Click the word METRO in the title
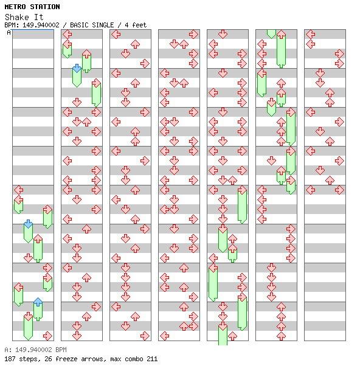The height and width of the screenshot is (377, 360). [15, 7]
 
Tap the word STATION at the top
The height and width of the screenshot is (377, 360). [45, 7]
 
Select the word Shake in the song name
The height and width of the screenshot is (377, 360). [17, 17]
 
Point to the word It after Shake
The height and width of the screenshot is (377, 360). [38, 17]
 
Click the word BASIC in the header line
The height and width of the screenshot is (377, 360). [80, 25]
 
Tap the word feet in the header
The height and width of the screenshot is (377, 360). [139, 25]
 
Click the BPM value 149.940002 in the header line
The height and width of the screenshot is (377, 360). [41, 25]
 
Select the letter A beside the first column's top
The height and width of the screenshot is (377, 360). [9, 32]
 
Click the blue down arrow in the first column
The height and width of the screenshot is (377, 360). [29, 224]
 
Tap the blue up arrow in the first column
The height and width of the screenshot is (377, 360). [38, 302]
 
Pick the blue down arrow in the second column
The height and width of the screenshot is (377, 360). [77, 68]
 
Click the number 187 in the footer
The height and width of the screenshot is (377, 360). [10, 359]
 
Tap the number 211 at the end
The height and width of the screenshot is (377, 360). [152, 359]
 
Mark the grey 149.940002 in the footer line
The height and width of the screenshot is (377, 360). [33, 350]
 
